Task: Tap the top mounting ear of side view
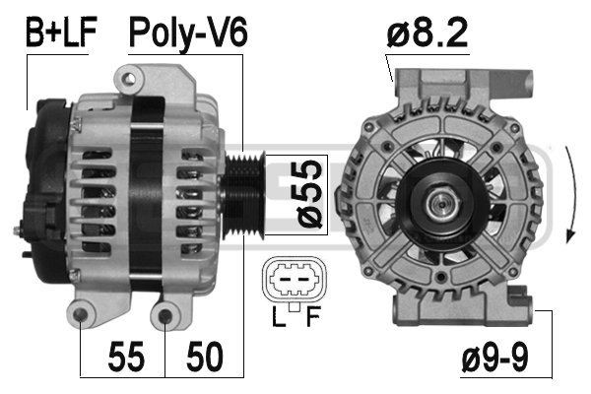point(129,76)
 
